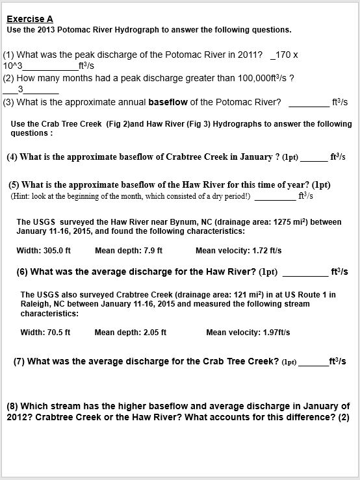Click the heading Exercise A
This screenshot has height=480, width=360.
coord(30,19)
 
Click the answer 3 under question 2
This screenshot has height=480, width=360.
coord(21,89)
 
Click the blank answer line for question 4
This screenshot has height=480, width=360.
coord(314,158)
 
